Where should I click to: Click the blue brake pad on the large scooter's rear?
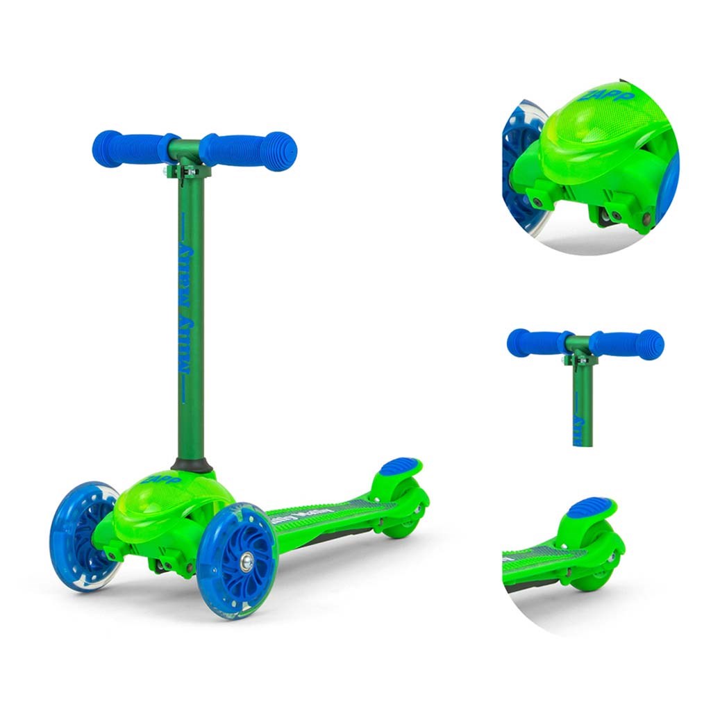(399, 466)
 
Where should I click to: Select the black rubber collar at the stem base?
(191, 465)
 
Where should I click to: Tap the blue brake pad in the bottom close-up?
(592, 507)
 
